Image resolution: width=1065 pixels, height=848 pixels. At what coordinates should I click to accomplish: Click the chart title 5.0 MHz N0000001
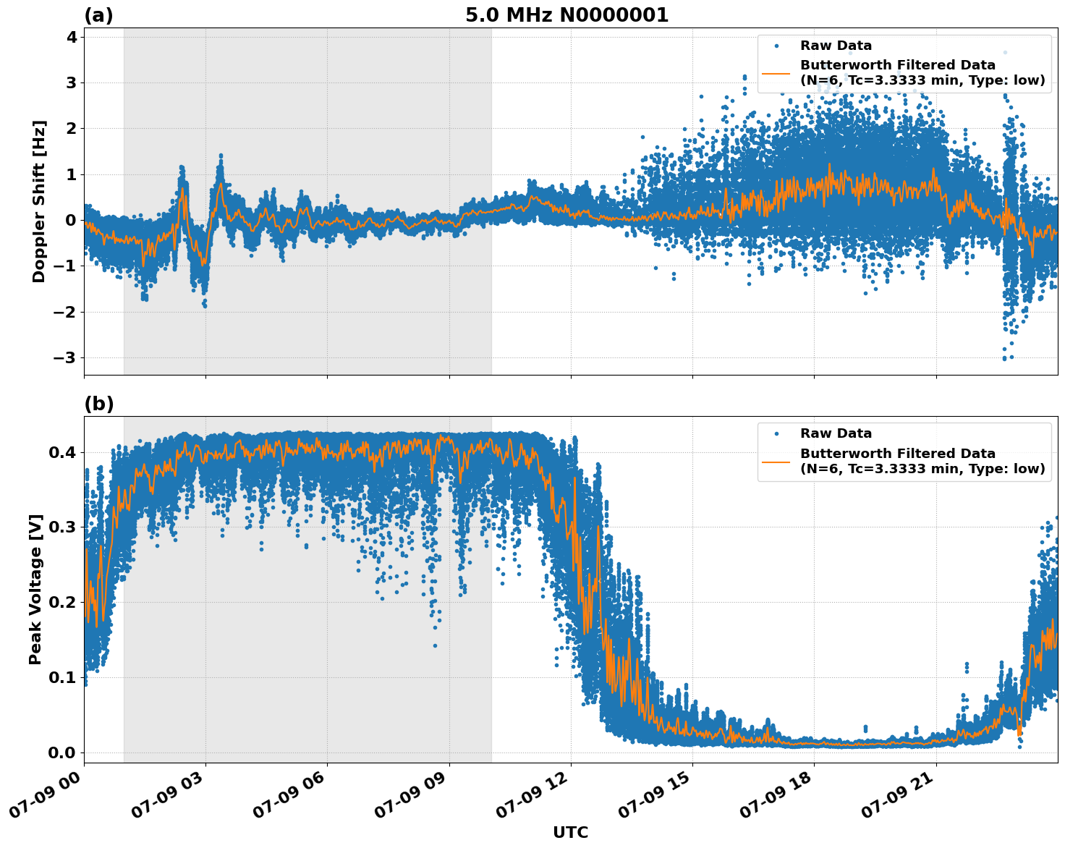tap(567, 15)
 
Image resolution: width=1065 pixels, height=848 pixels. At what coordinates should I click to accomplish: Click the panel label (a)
tap(98, 15)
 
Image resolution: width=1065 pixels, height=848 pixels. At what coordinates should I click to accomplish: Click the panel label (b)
tap(98, 404)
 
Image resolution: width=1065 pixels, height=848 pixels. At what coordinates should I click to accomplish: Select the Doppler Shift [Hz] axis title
tap(39, 201)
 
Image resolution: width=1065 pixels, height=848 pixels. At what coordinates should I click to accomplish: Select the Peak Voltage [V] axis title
tap(35, 589)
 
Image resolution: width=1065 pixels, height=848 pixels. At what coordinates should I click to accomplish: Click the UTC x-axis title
tap(570, 832)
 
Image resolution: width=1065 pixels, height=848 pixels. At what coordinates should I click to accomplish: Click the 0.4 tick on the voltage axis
tap(62, 453)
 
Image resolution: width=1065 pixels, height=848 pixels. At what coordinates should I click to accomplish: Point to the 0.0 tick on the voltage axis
tap(62, 753)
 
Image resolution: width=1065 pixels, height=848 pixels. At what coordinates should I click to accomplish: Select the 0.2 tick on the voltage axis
tap(62, 603)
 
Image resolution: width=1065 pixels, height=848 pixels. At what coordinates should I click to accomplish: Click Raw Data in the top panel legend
tap(836, 46)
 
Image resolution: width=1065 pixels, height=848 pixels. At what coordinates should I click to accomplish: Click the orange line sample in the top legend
tap(776, 73)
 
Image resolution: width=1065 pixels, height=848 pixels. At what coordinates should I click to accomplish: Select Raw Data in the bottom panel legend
tap(836, 433)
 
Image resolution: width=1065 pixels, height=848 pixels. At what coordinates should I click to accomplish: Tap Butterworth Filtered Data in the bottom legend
tap(897, 454)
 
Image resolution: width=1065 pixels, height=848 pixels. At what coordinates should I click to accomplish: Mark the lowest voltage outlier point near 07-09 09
tap(435, 645)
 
